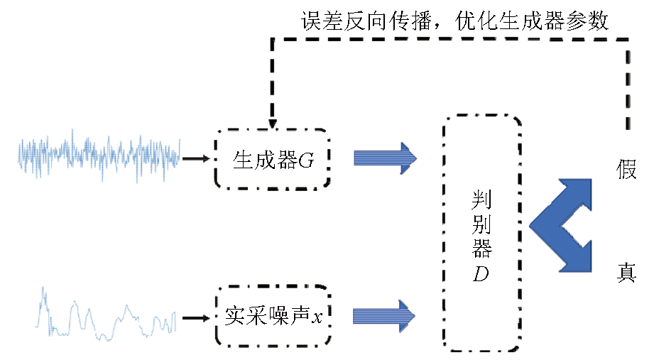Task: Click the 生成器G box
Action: tap(272, 159)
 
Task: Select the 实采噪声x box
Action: tap(272, 313)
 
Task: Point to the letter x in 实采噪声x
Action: tap(317, 315)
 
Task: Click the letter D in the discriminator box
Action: tap(482, 274)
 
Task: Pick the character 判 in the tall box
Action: tap(482, 201)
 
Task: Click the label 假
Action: tap(626, 170)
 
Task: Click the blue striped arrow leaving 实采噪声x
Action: tap(384, 314)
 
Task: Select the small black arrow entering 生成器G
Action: tap(196, 159)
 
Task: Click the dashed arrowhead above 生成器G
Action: tap(271, 123)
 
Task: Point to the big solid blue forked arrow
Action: tap(561, 226)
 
